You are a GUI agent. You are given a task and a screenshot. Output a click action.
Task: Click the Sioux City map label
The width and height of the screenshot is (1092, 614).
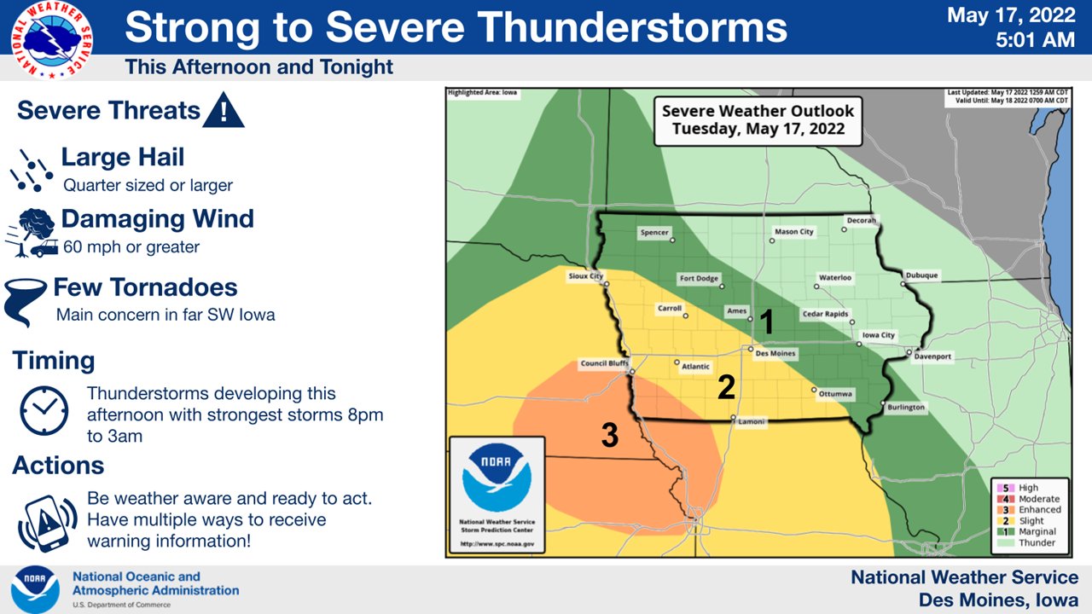tap(586, 276)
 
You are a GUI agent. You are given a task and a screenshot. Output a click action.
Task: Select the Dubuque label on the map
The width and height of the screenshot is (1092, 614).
tap(921, 275)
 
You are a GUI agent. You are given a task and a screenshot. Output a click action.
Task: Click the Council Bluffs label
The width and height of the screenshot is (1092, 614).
tap(604, 363)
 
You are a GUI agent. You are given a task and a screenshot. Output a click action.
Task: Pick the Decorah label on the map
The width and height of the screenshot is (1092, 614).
tap(860, 220)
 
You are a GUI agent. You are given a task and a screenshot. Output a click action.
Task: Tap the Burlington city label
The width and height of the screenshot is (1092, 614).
tap(905, 408)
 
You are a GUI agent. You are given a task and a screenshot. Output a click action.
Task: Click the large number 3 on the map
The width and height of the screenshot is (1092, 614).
tap(609, 435)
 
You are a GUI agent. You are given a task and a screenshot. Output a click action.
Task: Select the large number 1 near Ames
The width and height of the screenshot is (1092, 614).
tap(766, 322)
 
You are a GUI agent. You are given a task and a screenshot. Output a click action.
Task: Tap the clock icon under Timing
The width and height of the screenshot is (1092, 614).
tap(44, 413)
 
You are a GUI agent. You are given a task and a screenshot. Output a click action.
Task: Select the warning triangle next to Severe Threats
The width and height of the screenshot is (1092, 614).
tap(224, 111)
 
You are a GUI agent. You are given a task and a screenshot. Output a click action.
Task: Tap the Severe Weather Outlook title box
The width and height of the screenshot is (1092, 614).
tap(758, 119)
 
